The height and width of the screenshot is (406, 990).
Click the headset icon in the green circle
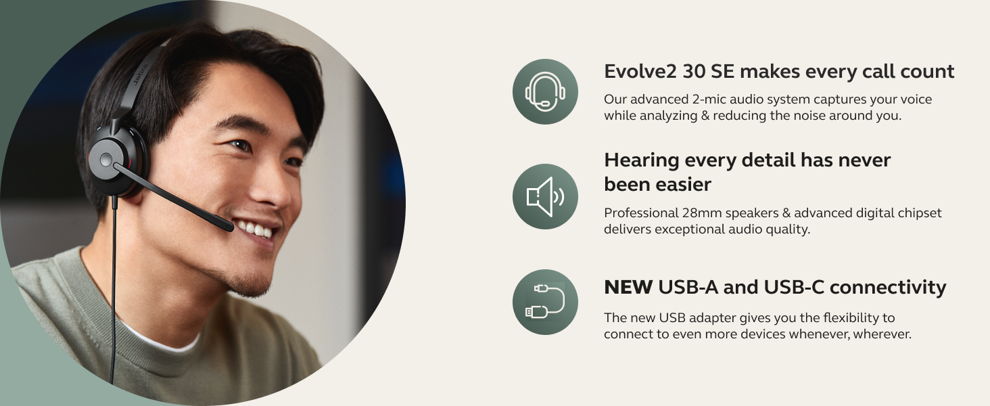click(x=545, y=91)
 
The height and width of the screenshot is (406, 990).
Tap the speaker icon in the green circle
click(x=545, y=196)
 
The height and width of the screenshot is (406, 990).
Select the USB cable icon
click(x=545, y=302)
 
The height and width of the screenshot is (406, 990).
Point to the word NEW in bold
click(x=628, y=288)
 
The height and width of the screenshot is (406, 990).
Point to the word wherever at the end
click(x=882, y=334)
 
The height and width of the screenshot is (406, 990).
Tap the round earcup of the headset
click(x=107, y=159)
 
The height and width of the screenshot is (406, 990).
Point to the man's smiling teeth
click(x=260, y=229)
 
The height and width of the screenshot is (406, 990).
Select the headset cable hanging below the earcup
click(x=114, y=284)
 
